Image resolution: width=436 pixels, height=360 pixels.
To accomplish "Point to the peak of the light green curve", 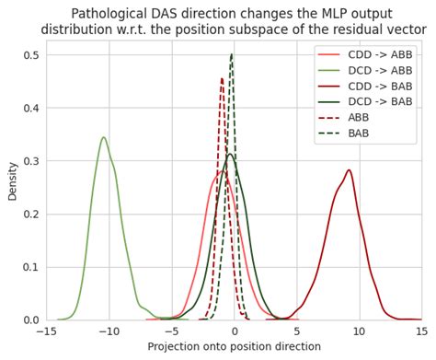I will point(103,138).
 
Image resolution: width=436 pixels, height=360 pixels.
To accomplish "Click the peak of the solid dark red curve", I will point(349,170).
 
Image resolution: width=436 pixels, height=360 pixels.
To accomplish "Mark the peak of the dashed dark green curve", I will point(231,55).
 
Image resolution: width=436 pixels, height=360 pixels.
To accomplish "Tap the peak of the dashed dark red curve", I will point(222,78).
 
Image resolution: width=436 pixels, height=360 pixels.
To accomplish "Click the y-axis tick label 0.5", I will point(30,55).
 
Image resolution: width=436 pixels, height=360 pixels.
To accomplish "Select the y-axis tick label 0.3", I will point(30,161).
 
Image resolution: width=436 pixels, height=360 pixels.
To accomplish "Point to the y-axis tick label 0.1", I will point(30,267).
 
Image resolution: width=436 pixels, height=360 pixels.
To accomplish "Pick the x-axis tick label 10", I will point(359,331).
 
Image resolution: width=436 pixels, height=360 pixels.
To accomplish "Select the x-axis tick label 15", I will point(420,331).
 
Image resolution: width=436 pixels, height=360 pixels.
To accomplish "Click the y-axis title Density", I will point(12,181).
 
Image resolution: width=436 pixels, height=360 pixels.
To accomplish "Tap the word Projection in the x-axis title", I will point(177,347).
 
